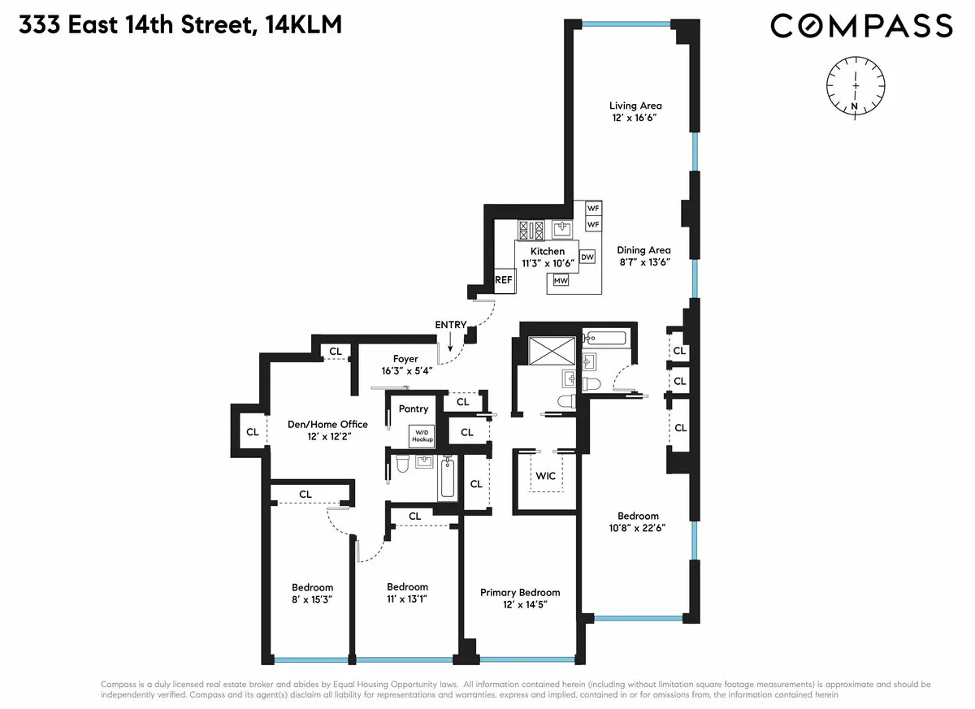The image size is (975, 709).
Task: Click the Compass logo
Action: (861, 26)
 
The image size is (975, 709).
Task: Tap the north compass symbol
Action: (856, 85)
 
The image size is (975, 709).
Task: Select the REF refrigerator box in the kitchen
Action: (504, 280)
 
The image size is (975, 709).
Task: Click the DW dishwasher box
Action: (587, 257)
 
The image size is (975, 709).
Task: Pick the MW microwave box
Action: (561, 281)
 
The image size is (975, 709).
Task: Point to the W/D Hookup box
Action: (422, 434)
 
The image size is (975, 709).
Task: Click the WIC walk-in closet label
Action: (546, 476)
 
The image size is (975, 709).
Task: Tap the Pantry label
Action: (413, 409)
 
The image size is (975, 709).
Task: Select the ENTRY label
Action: (451, 325)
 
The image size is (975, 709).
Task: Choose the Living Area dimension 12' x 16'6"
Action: (635, 118)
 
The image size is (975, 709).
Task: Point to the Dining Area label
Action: (643, 250)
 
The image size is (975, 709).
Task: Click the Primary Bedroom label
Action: (520, 593)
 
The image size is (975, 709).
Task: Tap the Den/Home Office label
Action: (328, 424)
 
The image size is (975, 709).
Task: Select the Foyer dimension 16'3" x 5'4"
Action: (405, 371)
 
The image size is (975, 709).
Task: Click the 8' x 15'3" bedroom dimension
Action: (313, 599)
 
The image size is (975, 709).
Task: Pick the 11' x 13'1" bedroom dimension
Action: (407, 599)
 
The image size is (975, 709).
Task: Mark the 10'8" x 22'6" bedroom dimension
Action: (638, 528)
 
